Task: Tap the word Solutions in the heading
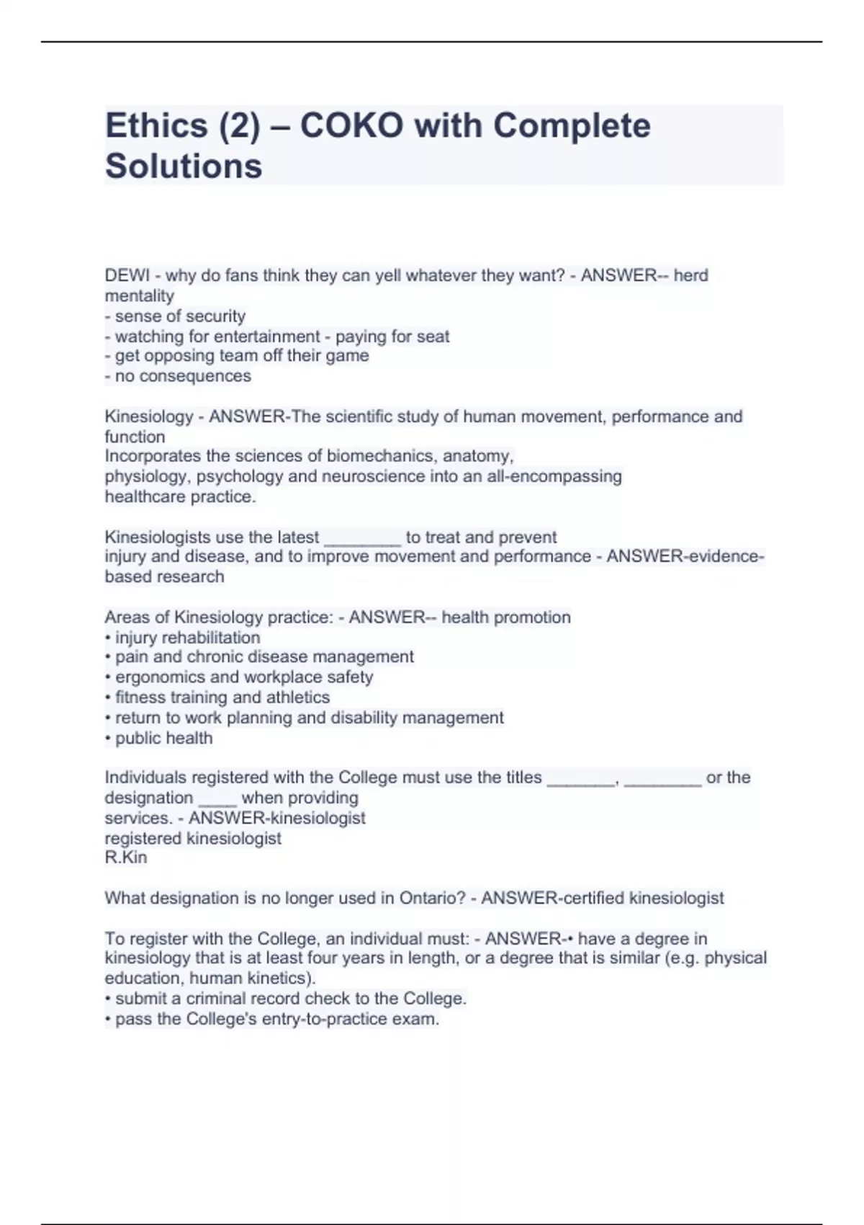coord(184,166)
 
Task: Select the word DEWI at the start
coord(127,275)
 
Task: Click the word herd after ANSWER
coord(691,275)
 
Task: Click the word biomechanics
coord(382,456)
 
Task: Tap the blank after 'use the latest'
coord(362,538)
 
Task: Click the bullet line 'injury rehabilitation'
coord(187,638)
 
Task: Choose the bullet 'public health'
coord(163,738)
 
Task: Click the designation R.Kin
coord(126,857)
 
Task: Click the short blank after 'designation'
coord(217,798)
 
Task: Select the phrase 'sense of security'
coord(180,316)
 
